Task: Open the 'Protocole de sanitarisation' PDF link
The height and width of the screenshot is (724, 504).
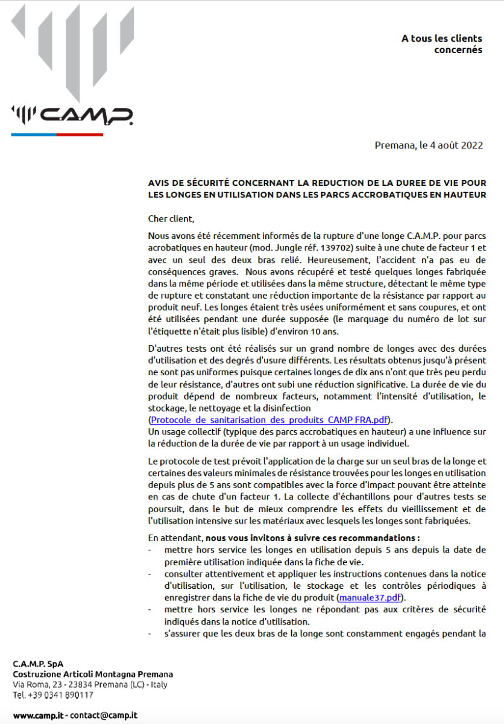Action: pos(269,419)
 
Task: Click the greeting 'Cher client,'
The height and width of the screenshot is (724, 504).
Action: pos(172,218)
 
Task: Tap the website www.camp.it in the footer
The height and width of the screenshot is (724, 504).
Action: pos(38,715)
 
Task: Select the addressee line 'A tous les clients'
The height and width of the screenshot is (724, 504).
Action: pos(442,39)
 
